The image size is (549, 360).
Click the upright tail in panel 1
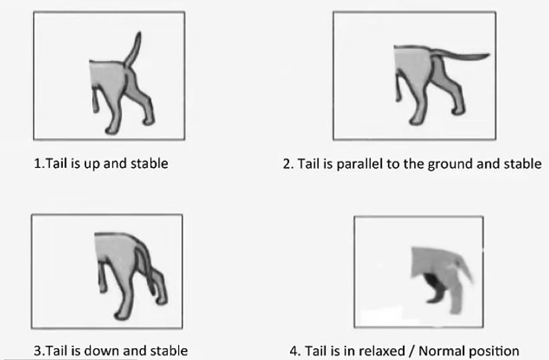click(134, 49)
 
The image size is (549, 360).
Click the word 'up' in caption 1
click(92, 164)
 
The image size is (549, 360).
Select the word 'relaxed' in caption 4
click(382, 350)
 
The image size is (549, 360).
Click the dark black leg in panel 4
click(435, 288)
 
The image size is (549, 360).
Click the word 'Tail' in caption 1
click(58, 163)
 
